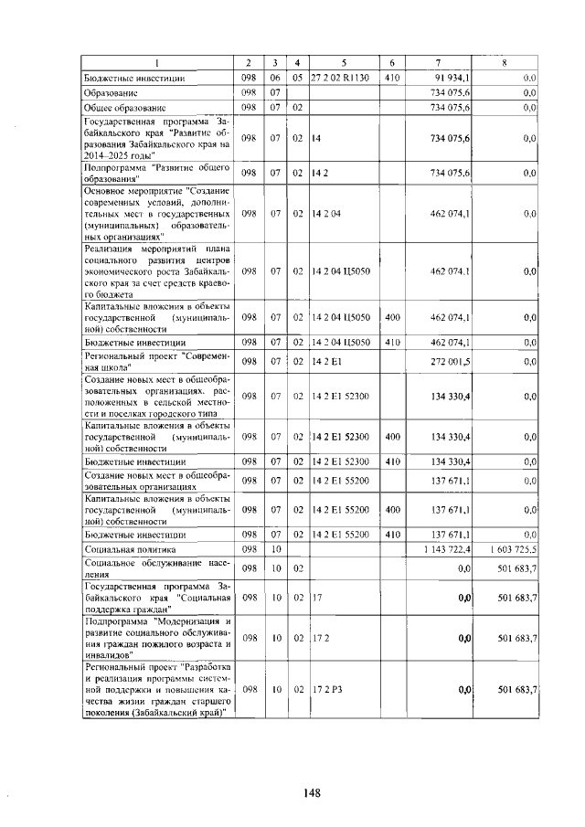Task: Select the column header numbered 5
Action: click(344, 62)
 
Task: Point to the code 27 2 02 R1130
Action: click(339, 79)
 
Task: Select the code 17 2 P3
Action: click(327, 689)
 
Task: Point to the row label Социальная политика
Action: click(131, 549)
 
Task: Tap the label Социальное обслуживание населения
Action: click(156, 568)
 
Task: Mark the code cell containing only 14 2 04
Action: click(326, 213)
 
